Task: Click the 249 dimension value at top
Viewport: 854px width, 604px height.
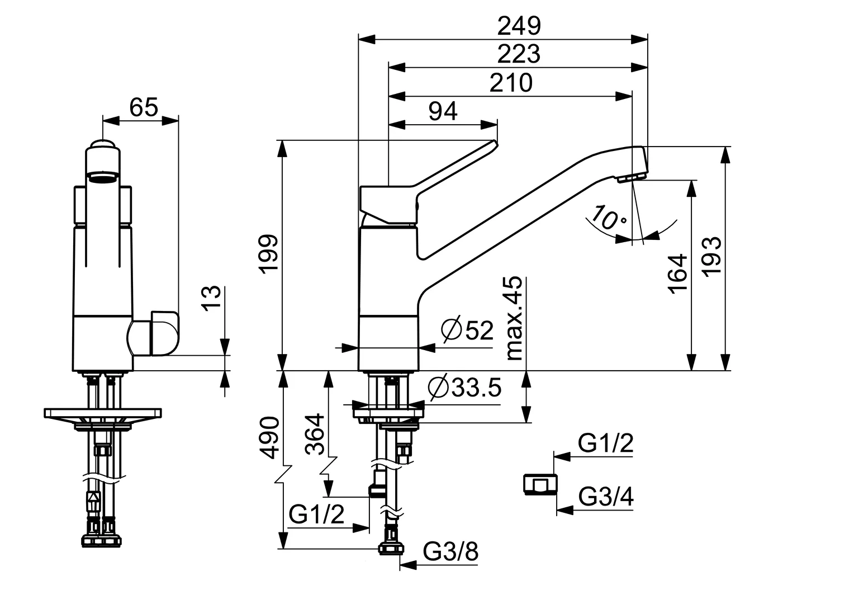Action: coord(519,25)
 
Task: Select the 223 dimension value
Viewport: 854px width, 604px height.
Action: coord(519,54)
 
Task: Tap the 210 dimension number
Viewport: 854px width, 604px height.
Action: coord(511,83)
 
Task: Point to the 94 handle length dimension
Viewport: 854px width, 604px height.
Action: coord(443,112)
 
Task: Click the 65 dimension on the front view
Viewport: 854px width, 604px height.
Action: coord(144,107)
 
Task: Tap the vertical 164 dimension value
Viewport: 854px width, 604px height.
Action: coord(677,273)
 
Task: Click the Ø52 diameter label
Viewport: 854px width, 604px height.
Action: coord(467,331)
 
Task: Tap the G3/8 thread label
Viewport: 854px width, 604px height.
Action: coord(450,553)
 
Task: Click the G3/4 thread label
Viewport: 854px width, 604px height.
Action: coord(606,497)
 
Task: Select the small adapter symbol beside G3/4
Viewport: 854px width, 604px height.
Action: coord(540,484)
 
